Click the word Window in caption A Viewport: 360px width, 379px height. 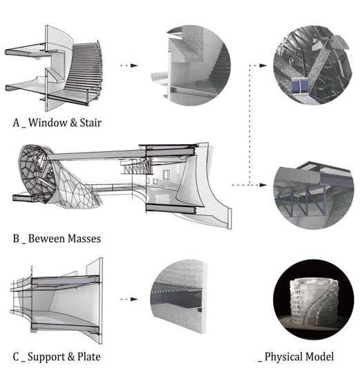[x=48, y=123]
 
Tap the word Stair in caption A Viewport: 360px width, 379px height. [x=91, y=123]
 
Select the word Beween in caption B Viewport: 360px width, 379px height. [x=46, y=239]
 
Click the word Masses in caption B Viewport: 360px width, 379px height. [x=84, y=239]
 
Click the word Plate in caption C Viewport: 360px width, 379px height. [x=88, y=357]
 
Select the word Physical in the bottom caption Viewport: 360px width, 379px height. [x=283, y=357]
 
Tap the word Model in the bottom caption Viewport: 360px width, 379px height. [x=319, y=357]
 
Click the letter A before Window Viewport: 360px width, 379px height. [x=16, y=123]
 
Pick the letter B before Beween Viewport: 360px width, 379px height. [x=16, y=239]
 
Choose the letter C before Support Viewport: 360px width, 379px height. [x=16, y=357]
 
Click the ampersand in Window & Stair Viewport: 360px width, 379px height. [x=73, y=123]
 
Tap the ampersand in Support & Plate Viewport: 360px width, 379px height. [x=71, y=357]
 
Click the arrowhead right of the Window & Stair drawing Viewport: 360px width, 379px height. [x=134, y=66]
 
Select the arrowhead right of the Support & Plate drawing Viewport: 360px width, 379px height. [x=134, y=299]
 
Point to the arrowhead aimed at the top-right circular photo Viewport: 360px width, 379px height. [x=263, y=66]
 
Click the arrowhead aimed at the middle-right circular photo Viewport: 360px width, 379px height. [x=263, y=185]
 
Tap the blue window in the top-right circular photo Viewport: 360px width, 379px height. [x=300, y=86]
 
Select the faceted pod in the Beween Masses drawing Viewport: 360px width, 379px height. [x=37, y=173]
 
